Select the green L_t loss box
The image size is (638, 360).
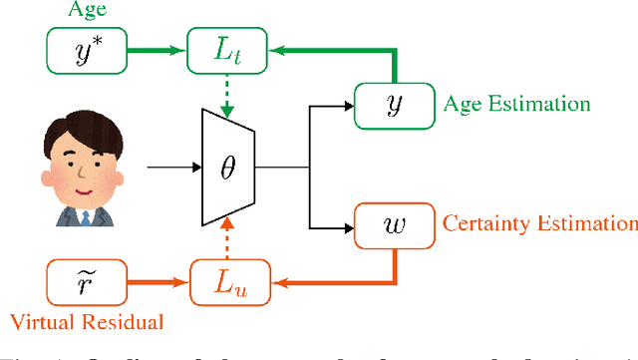click(x=221, y=49)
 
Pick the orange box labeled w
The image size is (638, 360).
click(x=390, y=223)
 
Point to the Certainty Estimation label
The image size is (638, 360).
click(x=537, y=223)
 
